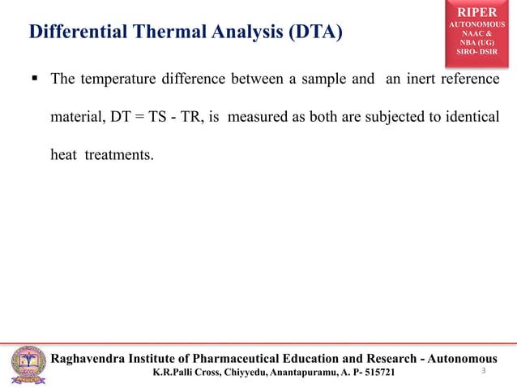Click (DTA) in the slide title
coord(313,32)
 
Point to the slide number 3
coord(483,371)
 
